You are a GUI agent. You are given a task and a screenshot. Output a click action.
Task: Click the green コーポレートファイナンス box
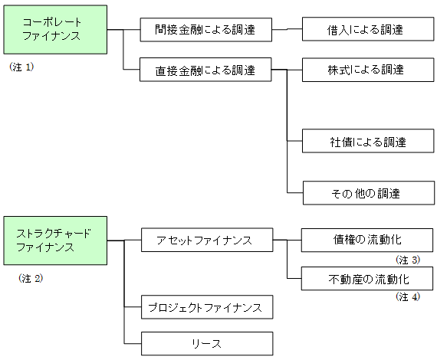point(55,30)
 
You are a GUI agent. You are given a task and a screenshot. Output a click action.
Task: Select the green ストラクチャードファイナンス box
point(55,241)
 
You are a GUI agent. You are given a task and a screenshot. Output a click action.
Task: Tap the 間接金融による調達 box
point(206,30)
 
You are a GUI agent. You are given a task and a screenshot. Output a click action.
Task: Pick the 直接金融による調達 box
point(205,70)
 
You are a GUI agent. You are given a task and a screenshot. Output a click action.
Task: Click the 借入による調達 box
point(368,29)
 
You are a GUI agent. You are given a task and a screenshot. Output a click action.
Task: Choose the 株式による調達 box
point(368,70)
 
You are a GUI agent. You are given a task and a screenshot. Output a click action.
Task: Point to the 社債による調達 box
point(368,141)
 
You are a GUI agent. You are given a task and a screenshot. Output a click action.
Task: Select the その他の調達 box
point(369,193)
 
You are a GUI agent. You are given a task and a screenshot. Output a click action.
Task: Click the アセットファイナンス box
point(207,240)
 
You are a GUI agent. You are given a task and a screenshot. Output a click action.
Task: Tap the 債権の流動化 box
point(367,241)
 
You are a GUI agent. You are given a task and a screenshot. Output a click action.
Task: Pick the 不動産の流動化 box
point(367,278)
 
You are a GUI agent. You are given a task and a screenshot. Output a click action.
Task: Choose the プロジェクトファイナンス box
point(207,307)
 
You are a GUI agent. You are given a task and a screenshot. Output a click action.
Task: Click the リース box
point(207,344)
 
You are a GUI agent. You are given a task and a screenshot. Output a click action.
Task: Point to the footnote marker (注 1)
point(21,67)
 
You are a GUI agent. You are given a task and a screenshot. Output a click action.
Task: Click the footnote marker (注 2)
point(31,278)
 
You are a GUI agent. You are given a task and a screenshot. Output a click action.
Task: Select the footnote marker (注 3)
point(408,260)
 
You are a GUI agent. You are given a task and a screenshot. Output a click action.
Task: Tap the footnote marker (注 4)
point(408,296)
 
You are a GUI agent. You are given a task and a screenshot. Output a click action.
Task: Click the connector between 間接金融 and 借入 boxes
point(287,29)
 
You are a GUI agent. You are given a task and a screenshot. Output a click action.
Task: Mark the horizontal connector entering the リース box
point(133,344)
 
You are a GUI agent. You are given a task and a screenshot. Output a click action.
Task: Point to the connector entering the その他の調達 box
point(295,193)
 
